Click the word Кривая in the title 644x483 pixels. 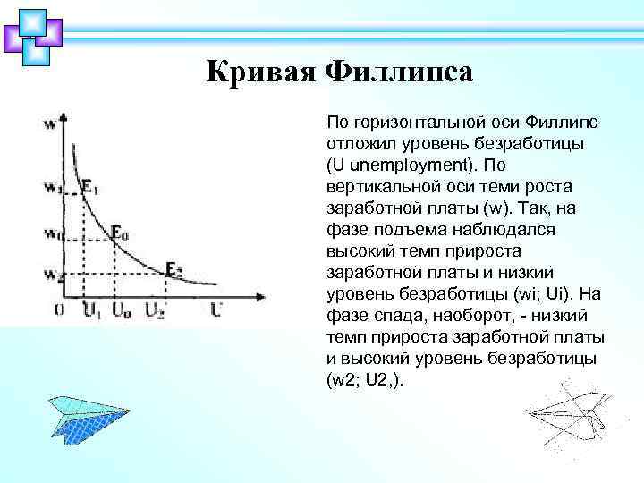(259, 72)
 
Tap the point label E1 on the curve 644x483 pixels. (90, 187)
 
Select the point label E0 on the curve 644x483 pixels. (120, 233)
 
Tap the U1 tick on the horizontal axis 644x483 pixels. (91, 310)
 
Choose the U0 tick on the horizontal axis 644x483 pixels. (120, 310)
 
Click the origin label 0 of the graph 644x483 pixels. (58, 309)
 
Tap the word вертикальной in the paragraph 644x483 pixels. (379, 186)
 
